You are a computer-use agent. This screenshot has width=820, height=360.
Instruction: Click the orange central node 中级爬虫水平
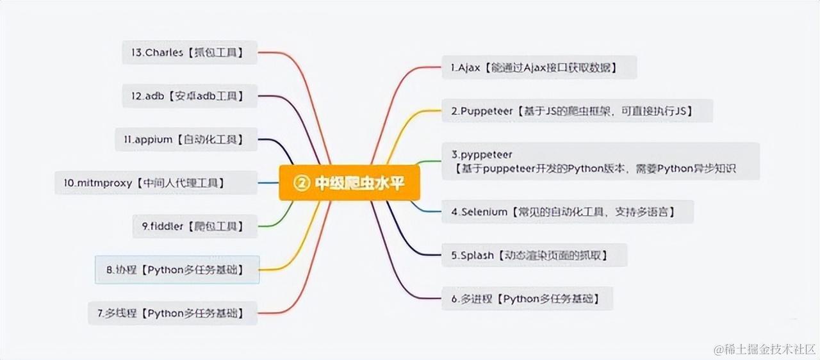pos(350,183)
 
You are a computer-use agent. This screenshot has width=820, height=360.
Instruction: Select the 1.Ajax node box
pos(539,67)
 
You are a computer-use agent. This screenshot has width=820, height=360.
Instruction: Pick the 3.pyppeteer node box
pos(600,161)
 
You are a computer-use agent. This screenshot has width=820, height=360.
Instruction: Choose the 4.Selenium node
pos(567,211)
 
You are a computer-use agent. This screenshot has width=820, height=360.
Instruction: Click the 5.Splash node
pos(534,255)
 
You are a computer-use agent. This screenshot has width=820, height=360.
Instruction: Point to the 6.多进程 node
pos(527,299)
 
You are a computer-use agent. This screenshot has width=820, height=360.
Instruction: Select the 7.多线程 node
pos(173,313)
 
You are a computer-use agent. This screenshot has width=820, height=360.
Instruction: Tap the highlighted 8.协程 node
pos(177,270)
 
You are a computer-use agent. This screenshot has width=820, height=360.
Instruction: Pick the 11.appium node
pos(186,139)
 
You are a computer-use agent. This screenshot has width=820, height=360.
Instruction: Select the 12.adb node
pos(190,96)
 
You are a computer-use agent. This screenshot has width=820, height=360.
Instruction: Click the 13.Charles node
pos(189,53)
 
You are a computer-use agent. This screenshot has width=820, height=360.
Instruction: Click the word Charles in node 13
pos(165,53)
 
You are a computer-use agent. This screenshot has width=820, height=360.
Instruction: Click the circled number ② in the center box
pos(301,183)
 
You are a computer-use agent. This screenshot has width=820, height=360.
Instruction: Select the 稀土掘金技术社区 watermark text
pos(765,349)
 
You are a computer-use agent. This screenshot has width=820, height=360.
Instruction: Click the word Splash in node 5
pos(477,255)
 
